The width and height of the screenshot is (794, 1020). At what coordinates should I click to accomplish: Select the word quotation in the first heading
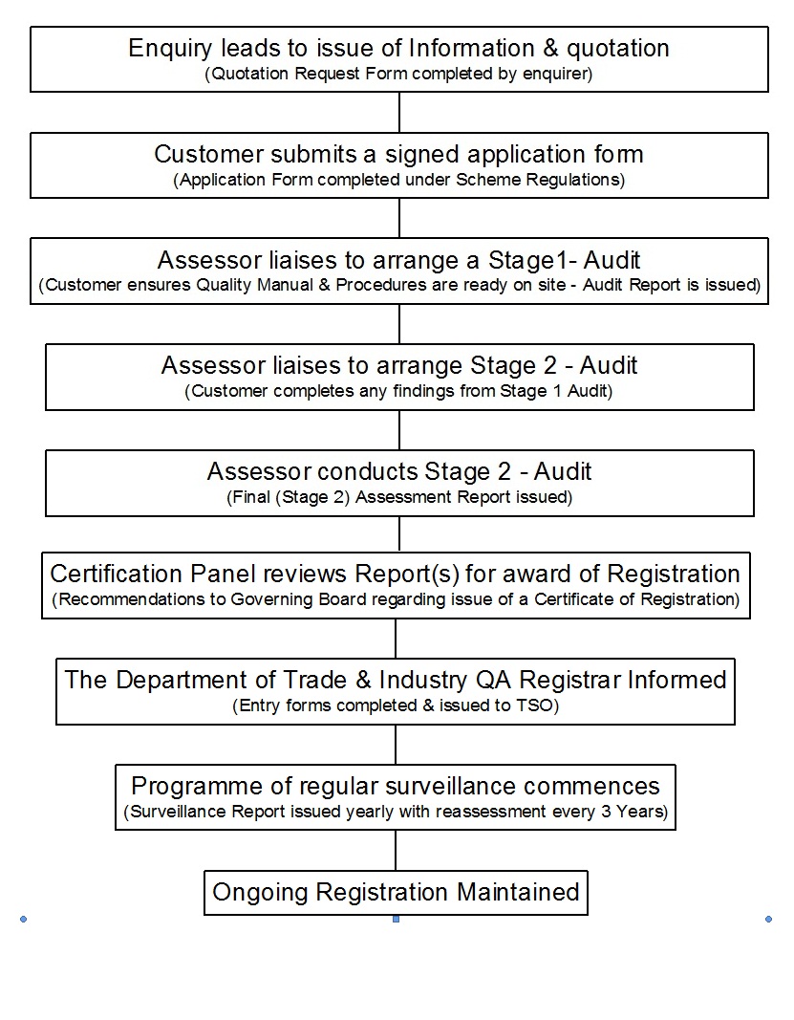click(x=618, y=48)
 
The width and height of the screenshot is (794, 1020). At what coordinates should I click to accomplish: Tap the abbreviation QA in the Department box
click(x=494, y=680)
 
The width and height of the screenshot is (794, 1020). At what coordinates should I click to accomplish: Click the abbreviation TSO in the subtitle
click(x=535, y=705)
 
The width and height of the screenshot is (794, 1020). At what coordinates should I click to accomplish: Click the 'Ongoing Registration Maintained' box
click(x=396, y=893)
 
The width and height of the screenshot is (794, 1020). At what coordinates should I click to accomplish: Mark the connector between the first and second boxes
click(x=399, y=113)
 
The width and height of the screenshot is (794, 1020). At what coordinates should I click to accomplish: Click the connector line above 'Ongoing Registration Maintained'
click(x=396, y=850)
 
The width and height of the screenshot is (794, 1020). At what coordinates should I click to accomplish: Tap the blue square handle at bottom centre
click(x=396, y=920)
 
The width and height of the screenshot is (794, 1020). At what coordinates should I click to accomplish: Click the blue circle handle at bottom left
click(x=24, y=920)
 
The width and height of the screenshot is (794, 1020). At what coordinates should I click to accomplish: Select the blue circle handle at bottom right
click(x=768, y=920)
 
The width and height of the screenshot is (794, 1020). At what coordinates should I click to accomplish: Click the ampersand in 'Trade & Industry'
click(x=363, y=680)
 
